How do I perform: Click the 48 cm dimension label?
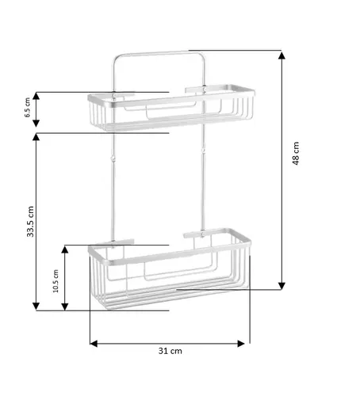point(296,154)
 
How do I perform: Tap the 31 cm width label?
point(170,351)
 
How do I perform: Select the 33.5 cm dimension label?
point(30,222)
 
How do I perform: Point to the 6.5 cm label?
point(27,108)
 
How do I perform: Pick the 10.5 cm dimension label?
point(56,281)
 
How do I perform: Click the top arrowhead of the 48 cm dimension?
point(281,55)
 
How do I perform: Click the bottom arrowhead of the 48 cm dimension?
point(281,286)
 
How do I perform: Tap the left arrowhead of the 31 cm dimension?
point(94,344)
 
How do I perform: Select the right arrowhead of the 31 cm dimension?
point(241,344)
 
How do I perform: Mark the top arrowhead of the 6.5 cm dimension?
point(36,96)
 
